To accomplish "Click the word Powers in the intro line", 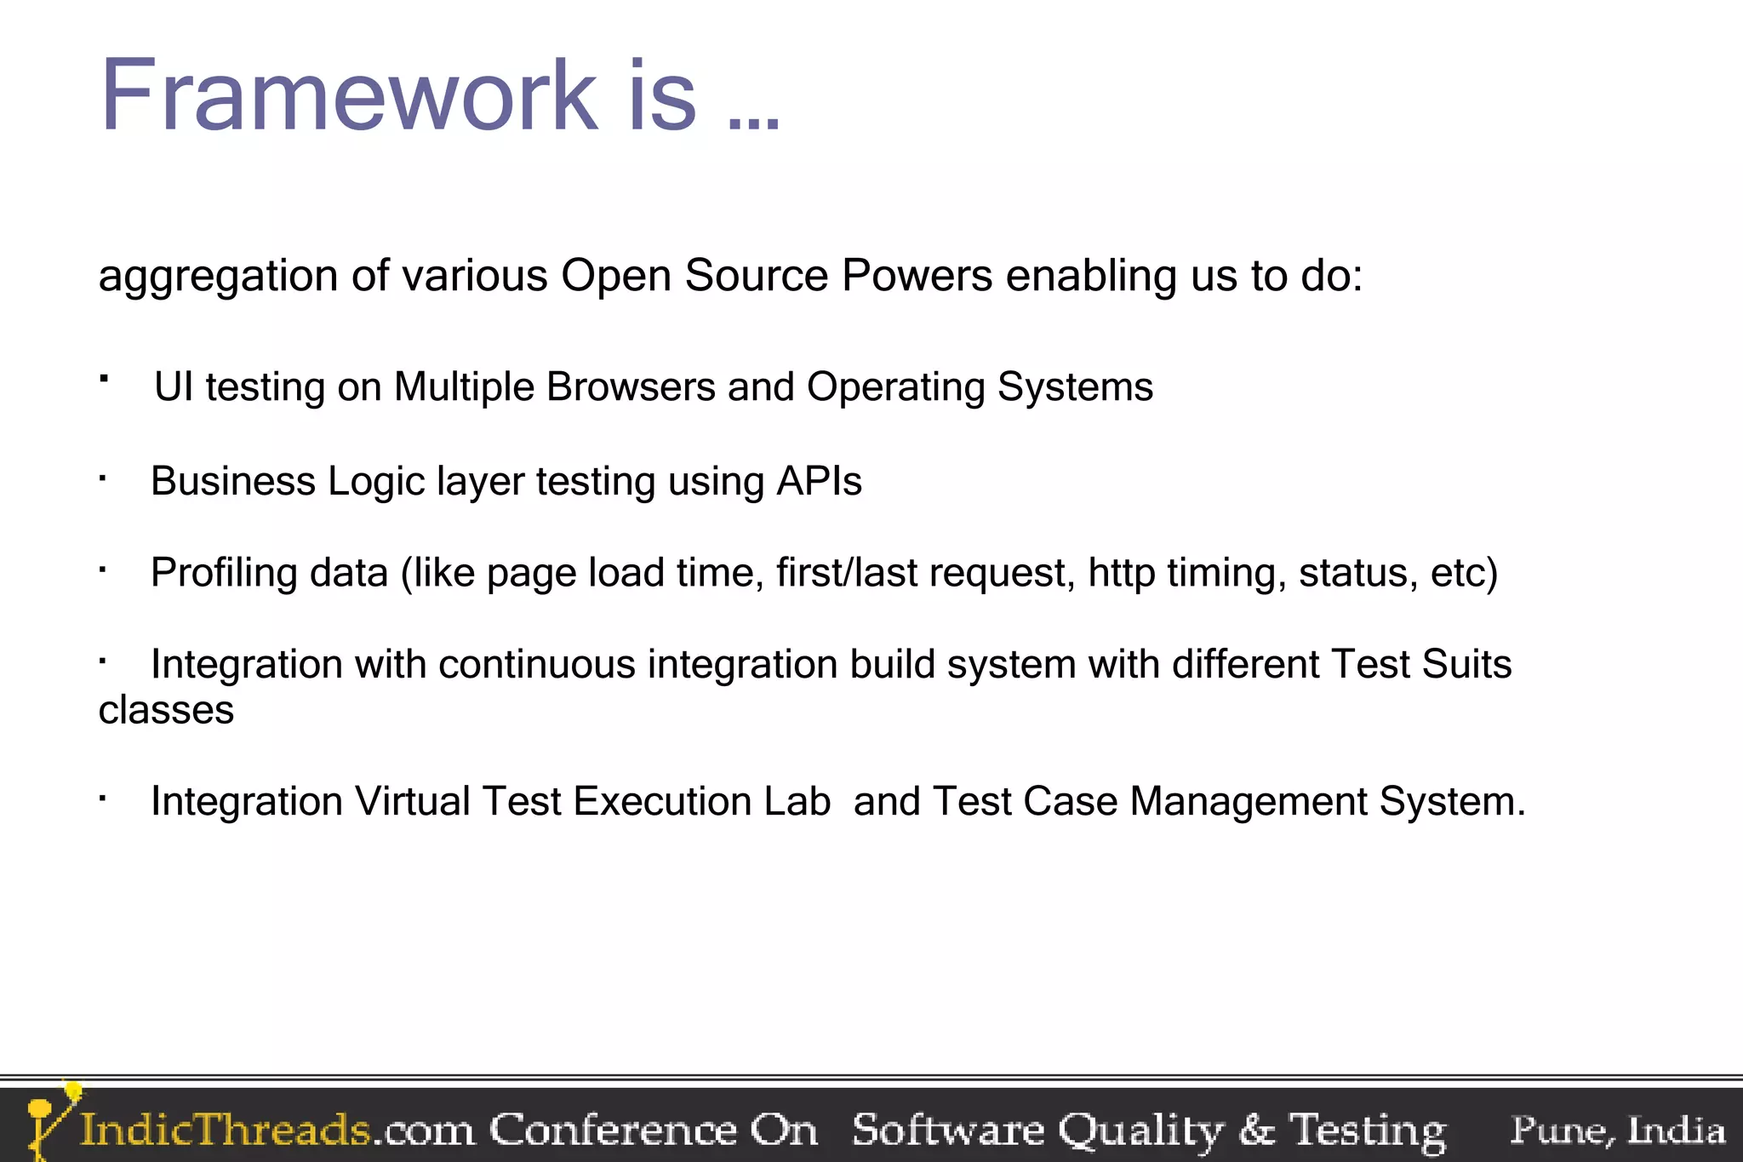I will (917, 276).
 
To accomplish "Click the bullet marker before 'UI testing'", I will (104, 377).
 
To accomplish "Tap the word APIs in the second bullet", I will (819, 482).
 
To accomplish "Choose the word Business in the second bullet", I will (233, 482).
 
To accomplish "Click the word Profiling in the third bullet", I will (224, 573).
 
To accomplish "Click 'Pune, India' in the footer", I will (1617, 1131).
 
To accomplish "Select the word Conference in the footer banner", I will (613, 1131).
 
